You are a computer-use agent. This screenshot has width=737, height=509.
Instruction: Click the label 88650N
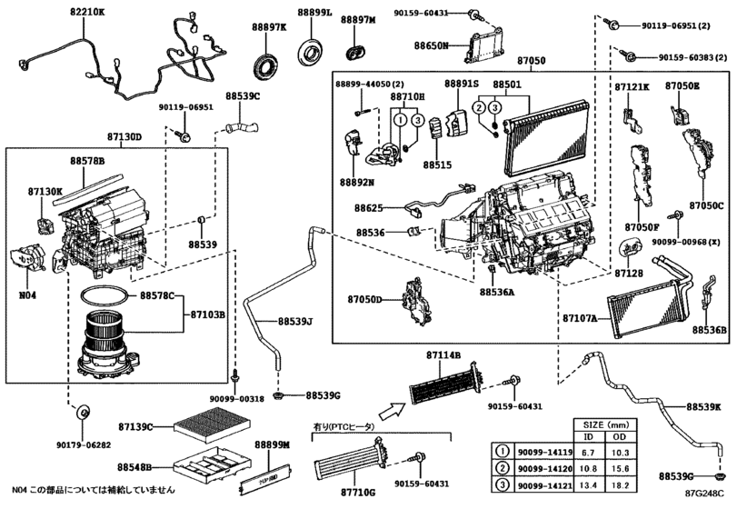pos(433,44)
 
